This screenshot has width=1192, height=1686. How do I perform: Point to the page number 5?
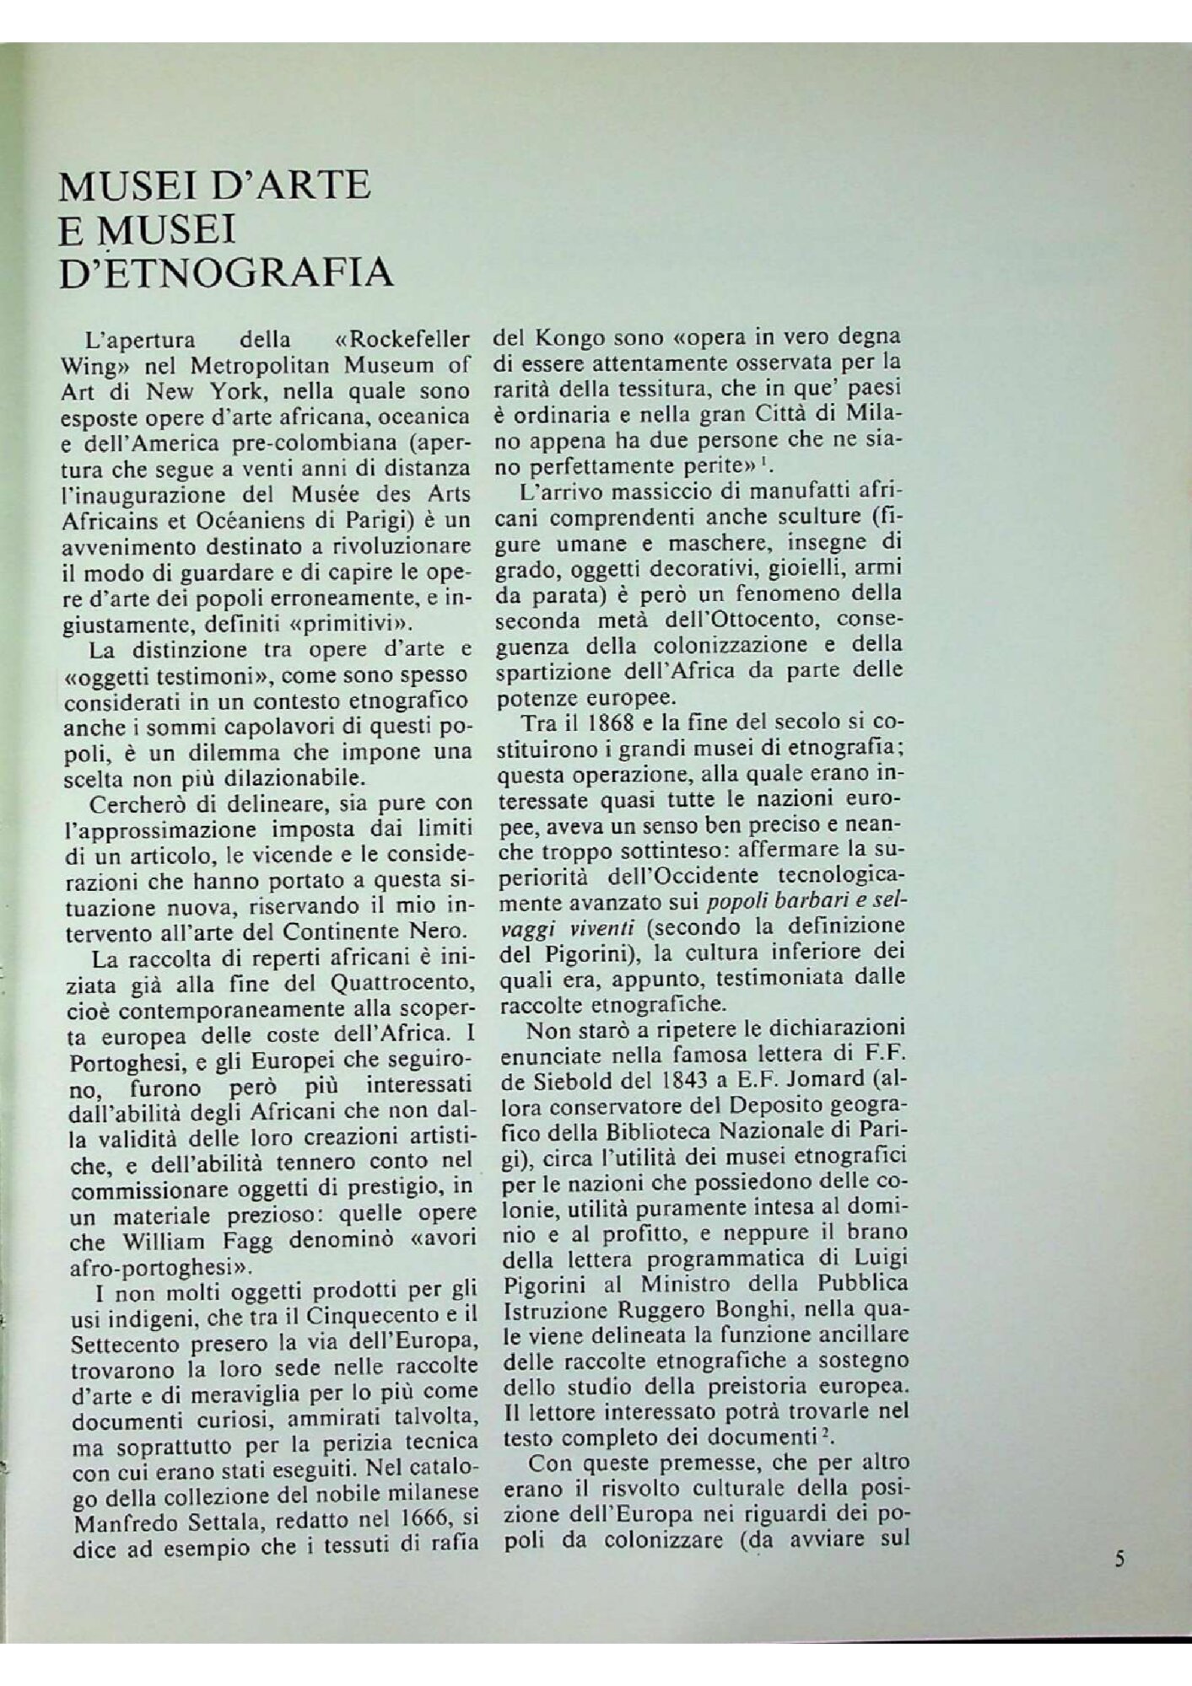coord(1119,1559)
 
